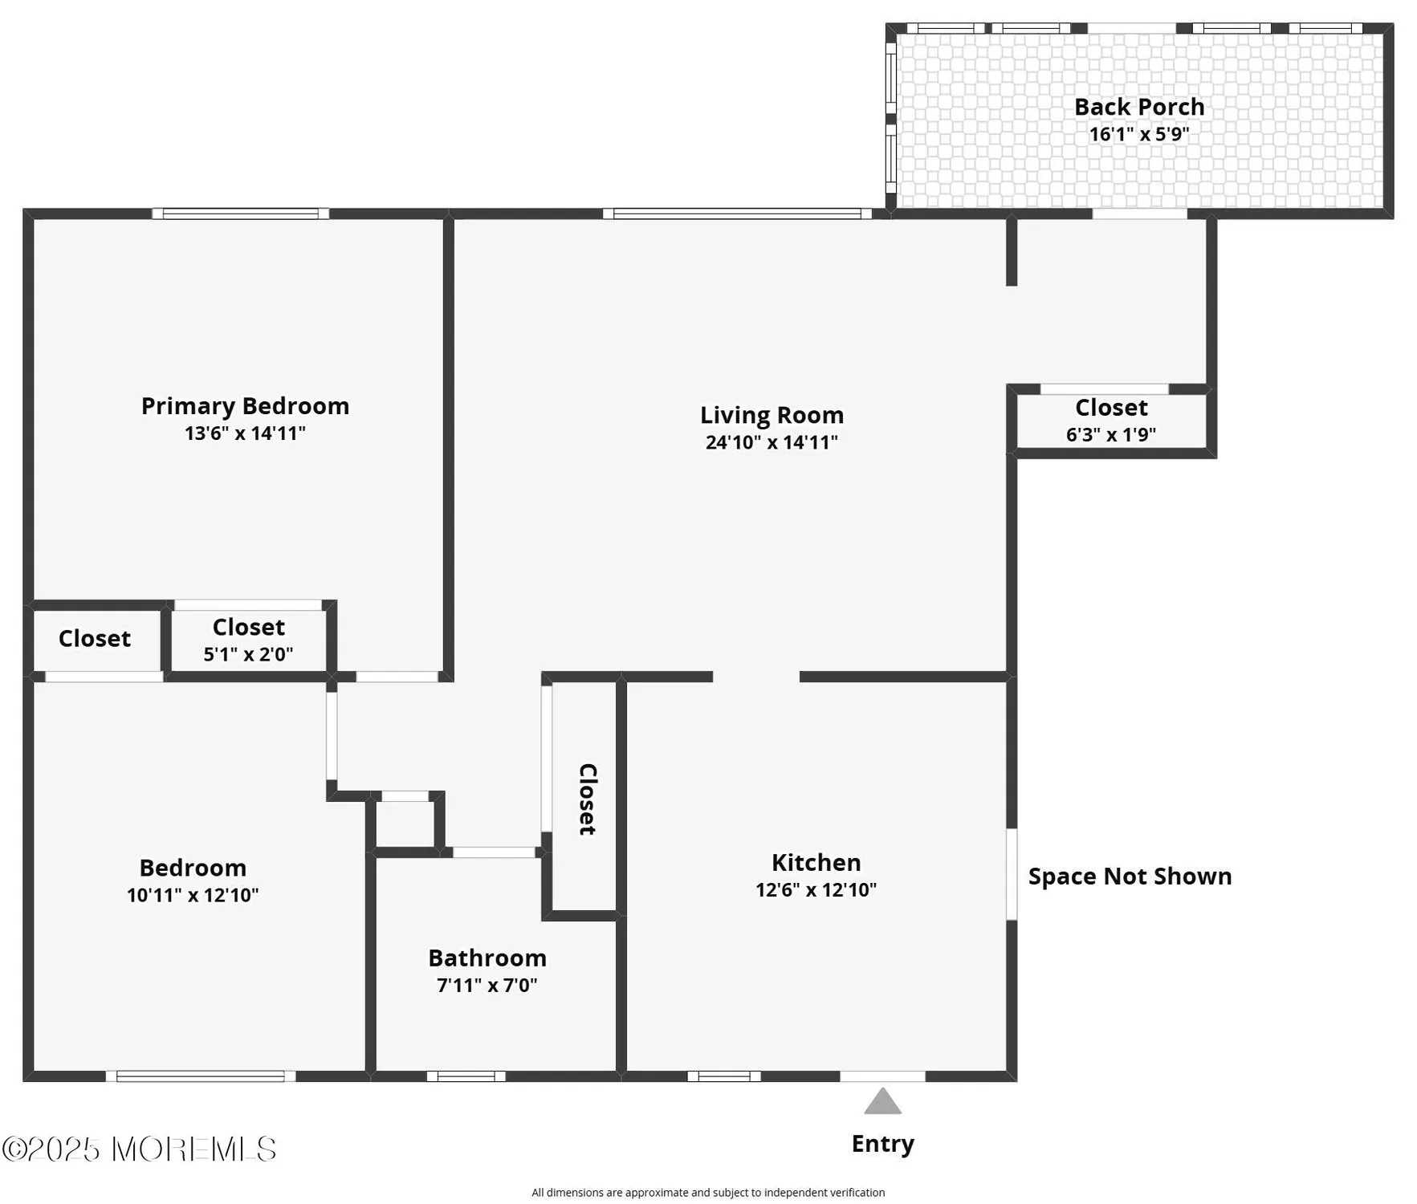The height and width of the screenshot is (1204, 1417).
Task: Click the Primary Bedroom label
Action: click(245, 406)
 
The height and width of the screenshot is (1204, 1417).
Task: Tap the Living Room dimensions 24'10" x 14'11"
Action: click(771, 442)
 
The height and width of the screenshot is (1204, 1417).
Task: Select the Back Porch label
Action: click(1138, 107)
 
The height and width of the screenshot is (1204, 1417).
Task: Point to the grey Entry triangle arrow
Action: click(882, 1102)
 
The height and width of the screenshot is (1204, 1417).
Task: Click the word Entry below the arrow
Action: click(882, 1144)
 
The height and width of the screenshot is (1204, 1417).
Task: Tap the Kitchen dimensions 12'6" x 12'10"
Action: click(816, 889)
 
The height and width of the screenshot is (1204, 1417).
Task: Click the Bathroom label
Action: click(487, 958)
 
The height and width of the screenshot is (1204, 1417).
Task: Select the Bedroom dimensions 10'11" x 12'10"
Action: click(193, 895)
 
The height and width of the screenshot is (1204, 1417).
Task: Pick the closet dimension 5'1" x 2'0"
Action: click(248, 654)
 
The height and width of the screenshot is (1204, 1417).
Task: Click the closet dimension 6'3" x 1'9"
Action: click(1110, 434)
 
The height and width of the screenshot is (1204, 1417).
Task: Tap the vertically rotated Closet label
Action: click(588, 799)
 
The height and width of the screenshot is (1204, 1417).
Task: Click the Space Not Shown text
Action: click(1130, 877)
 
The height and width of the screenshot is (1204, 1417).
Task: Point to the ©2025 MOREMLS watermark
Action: click(139, 1149)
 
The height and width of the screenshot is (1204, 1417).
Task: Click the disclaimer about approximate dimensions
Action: click(707, 1193)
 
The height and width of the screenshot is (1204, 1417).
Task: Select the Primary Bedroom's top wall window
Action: click(240, 214)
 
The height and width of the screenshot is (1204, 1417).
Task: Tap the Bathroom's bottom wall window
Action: click(466, 1076)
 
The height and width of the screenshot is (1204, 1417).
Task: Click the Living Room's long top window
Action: click(737, 214)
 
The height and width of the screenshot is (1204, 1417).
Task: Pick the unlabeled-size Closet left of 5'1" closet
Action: click(95, 639)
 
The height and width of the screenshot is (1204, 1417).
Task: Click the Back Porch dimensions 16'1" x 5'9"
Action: click(1138, 134)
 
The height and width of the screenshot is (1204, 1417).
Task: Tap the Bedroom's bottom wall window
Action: click(201, 1076)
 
